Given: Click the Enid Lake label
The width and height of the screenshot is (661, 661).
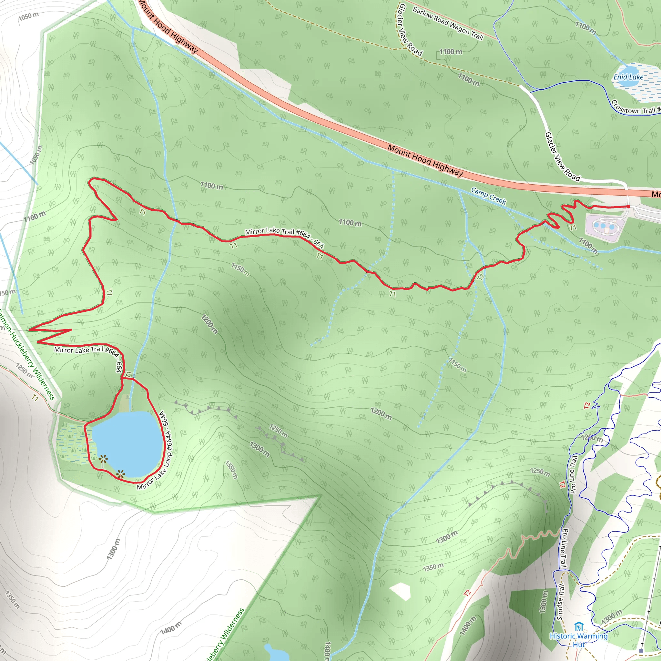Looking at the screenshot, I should point(628,77).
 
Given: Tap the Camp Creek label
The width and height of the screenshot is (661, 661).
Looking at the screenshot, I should point(488,196).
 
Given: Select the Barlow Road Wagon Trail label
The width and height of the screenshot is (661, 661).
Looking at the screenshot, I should point(448,23).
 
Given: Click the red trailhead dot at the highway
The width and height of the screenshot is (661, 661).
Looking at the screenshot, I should point(628,206).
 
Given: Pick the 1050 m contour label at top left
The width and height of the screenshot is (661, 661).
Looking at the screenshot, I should point(28,16).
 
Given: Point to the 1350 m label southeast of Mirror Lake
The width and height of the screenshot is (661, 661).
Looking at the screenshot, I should point(231,470).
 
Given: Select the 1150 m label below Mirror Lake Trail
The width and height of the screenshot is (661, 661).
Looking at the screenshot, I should point(240,269).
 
